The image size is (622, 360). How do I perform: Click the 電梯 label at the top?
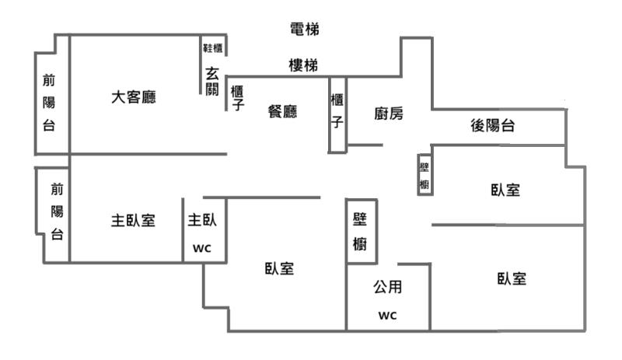click(x=304, y=30)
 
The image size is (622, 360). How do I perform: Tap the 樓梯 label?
click(x=302, y=66)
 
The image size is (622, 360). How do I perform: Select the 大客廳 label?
click(x=133, y=98)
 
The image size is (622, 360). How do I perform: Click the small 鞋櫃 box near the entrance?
click(x=213, y=48)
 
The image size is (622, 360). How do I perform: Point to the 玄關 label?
click(x=212, y=82)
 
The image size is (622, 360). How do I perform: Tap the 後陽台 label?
click(x=493, y=126)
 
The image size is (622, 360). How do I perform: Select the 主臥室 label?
click(x=132, y=220)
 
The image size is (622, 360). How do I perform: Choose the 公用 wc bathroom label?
click(x=387, y=300)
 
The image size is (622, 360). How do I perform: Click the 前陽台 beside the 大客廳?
click(x=48, y=103)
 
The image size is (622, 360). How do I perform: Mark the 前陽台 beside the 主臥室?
click(x=57, y=211)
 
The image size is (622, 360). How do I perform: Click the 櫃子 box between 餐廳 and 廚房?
click(x=337, y=114)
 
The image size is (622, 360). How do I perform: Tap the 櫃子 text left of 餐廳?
click(x=237, y=97)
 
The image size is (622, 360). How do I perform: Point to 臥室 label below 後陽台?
click(x=505, y=190)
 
